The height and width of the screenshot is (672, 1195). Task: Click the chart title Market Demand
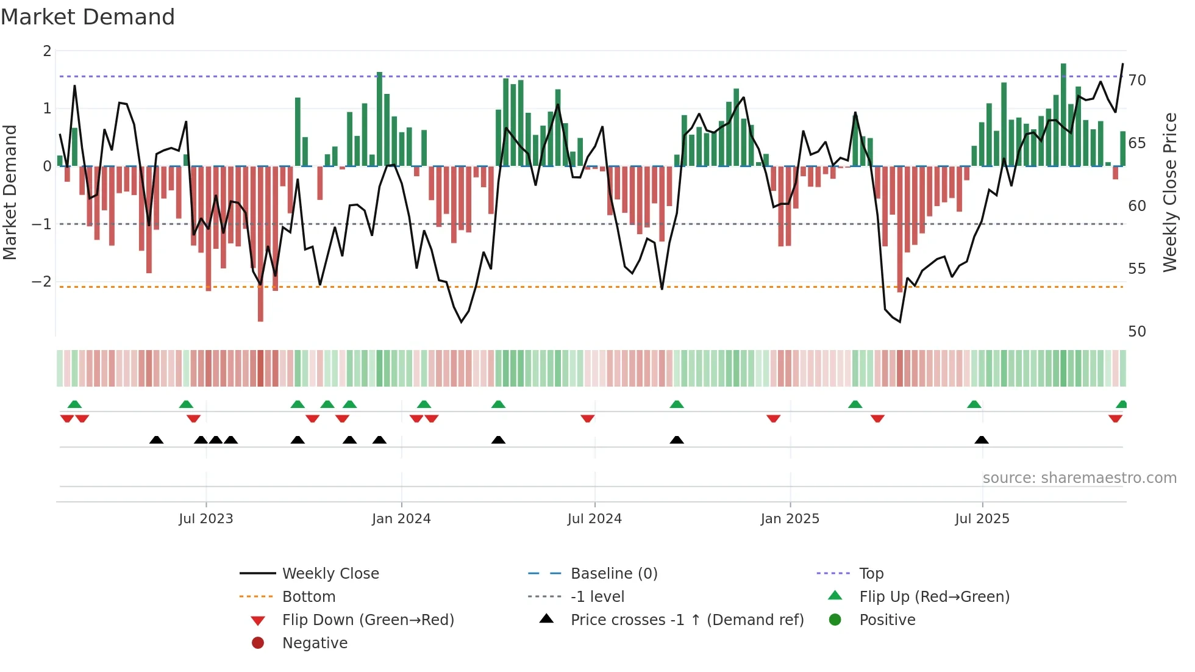(x=88, y=17)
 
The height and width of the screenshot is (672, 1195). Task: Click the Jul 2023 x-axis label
(x=206, y=519)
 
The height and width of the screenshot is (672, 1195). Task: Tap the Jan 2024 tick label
(x=401, y=519)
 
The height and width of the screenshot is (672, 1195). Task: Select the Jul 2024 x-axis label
(x=594, y=519)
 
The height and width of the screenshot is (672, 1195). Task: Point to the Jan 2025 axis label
(x=790, y=519)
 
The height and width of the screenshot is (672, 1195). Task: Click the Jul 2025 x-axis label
(x=982, y=519)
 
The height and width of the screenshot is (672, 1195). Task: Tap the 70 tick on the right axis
(x=1137, y=80)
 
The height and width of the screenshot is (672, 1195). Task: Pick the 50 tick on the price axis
(x=1137, y=332)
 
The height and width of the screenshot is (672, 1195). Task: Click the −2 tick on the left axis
(x=41, y=282)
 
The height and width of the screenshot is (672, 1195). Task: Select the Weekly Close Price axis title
(x=1170, y=192)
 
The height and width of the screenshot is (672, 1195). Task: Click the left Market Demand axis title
(x=10, y=192)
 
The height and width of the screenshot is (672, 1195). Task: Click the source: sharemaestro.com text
(x=1079, y=478)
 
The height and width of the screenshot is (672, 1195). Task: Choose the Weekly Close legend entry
(x=330, y=574)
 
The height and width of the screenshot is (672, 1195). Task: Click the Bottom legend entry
(x=309, y=597)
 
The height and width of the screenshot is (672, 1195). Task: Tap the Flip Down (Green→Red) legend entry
(x=368, y=620)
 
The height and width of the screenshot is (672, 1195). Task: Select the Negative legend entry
(x=315, y=643)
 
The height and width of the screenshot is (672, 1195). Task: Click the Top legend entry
(x=871, y=574)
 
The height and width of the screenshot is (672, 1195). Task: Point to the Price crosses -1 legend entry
(x=687, y=620)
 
